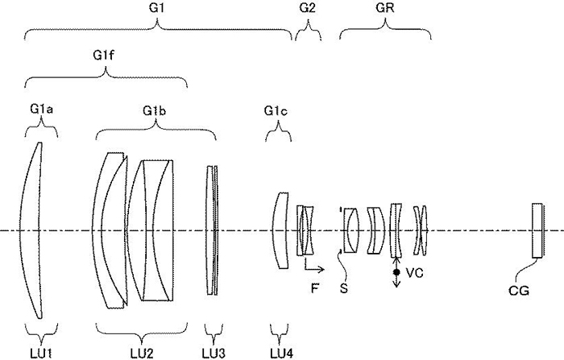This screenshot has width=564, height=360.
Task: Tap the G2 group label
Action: (x=307, y=7)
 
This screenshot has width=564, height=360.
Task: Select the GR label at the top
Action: (x=386, y=7)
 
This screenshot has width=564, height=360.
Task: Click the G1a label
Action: (x=41, y=110)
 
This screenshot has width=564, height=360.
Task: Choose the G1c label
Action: (x=276, y=110)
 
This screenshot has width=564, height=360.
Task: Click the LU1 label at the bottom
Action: (x=39, y=351)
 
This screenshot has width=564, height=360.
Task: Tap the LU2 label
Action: (x=154, y=351)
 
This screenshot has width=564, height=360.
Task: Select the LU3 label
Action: (x=214, y=351)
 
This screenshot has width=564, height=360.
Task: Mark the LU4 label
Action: (x=280, y=351)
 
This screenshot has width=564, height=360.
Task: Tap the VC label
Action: (x=414, y=274)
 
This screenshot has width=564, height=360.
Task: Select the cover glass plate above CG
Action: (x=537, y=230)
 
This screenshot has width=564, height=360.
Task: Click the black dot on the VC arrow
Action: (x=396, y=273)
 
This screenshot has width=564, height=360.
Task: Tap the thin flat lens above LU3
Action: (x=213, y=230)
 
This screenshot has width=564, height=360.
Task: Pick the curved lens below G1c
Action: (x=279, y=230)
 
